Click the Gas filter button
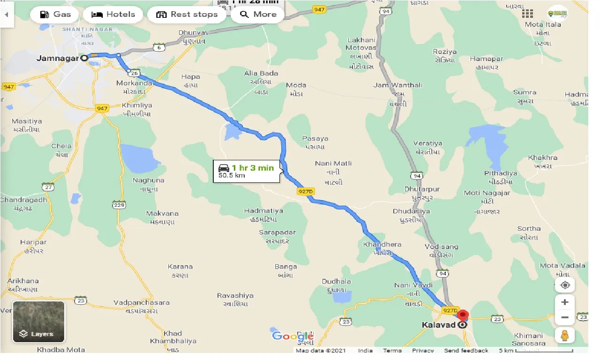click(56, 14)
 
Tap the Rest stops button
click(187, 14)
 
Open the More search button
click(258, 14)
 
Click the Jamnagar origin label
click(58, 59)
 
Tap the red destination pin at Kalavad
click(463, 316)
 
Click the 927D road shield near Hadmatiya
click(304, 191)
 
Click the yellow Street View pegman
click(565, 335)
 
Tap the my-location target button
click(565, 285)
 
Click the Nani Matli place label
click(333, 164)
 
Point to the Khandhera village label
click(382, 245)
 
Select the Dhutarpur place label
click(422, 189)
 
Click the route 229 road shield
click(119, 204)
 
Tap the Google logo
click(292, 336)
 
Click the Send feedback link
click(466, 351)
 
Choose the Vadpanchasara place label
click(142, 303)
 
